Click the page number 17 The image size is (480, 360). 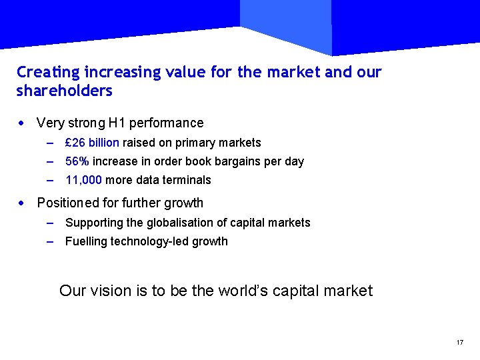click(460, 343)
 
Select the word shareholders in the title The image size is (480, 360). click(64, 91)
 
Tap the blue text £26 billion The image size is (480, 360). click(92, 143)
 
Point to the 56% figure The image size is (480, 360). click(77, 161)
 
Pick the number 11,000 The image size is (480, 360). click(83, 180)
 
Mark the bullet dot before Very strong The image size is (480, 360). click(22, 123)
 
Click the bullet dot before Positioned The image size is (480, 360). click(22, 203)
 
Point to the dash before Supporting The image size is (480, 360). click(51, 223)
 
